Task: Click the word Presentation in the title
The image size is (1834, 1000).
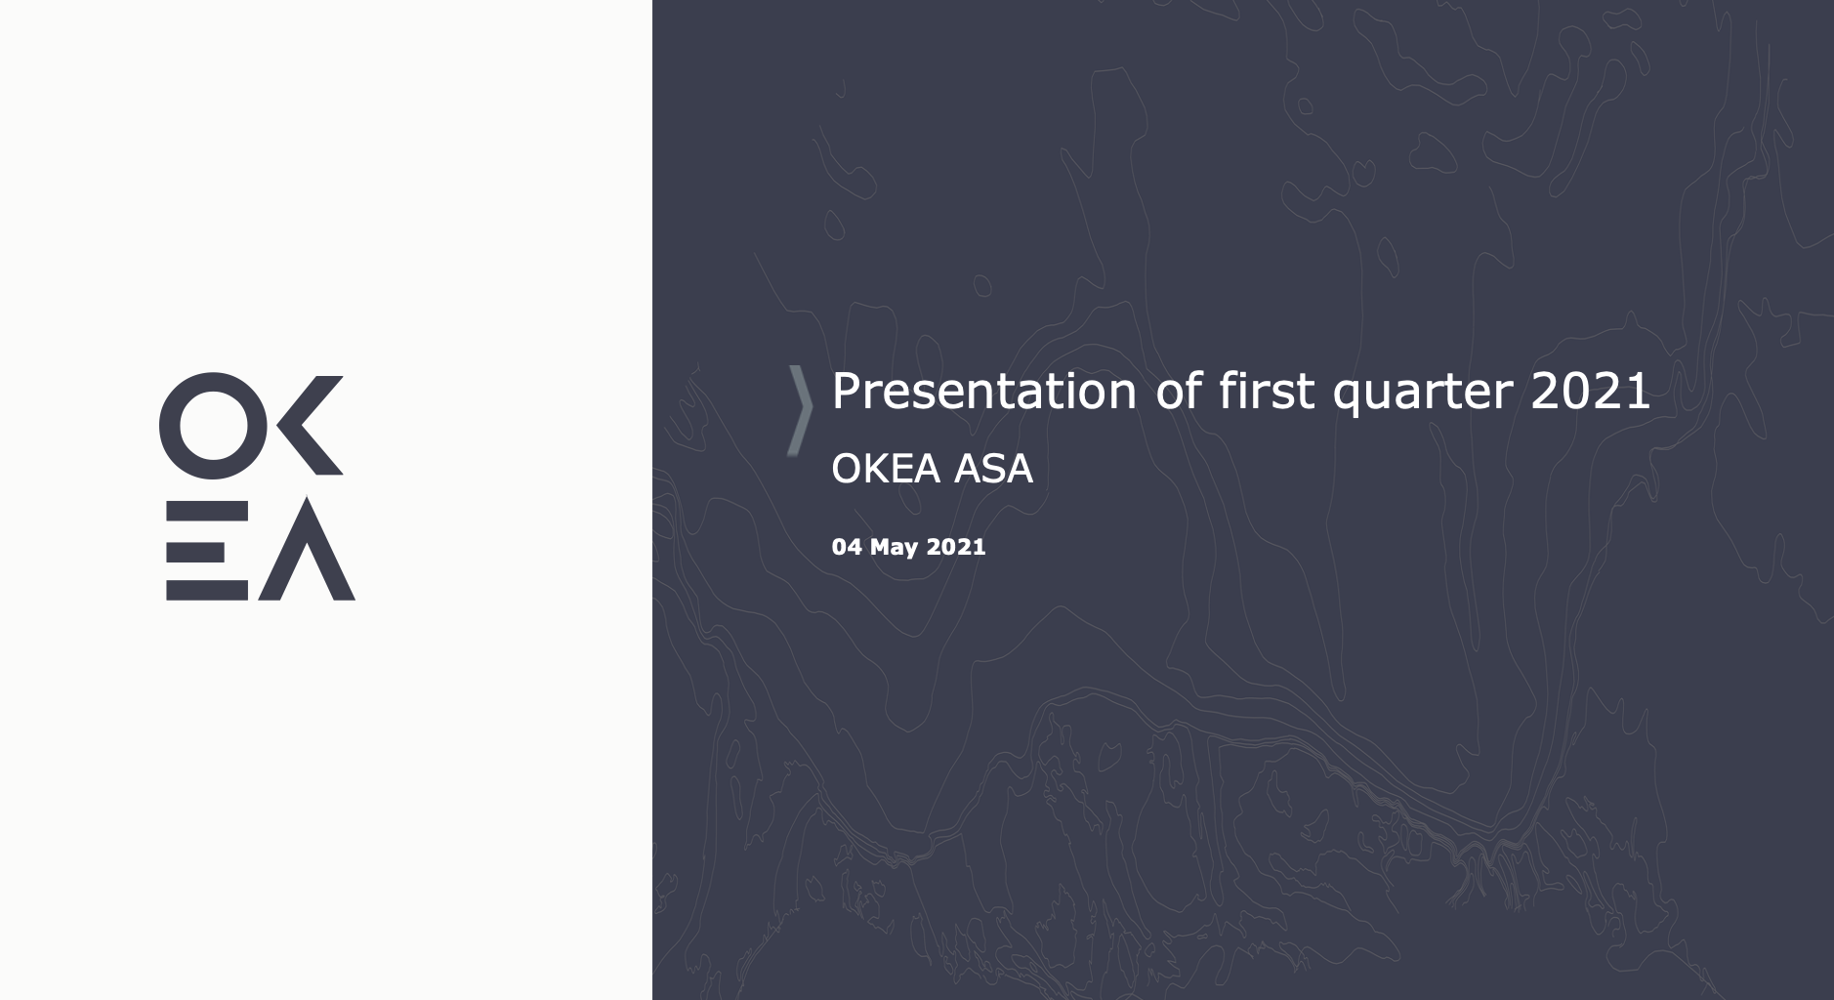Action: click(x=984, y=392)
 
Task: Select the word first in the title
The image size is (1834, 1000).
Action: click(x=1268, y=391)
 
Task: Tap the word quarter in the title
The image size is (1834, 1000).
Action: click(x=1424, y=396)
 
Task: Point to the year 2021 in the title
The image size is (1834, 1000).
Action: click(x=1590, y=391)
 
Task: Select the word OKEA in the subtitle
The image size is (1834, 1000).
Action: click(x=886, y=469)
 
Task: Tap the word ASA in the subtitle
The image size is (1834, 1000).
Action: click(x=993, y=469)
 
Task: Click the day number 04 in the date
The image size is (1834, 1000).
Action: click(x=847, y=547)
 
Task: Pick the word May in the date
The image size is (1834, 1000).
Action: click(x=894, y=548)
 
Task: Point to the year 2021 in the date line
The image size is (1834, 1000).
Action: click(x=956, y=547)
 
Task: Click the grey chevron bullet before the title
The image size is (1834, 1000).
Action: click(x=801, y=410)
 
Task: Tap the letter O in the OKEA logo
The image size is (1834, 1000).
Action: click(x=212, y=426)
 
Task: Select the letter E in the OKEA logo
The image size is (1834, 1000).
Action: click(x=207, y=549)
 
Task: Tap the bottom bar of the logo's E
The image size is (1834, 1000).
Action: click(x=207, y=590)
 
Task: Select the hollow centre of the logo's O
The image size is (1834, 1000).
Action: click(x=212, y=426)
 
